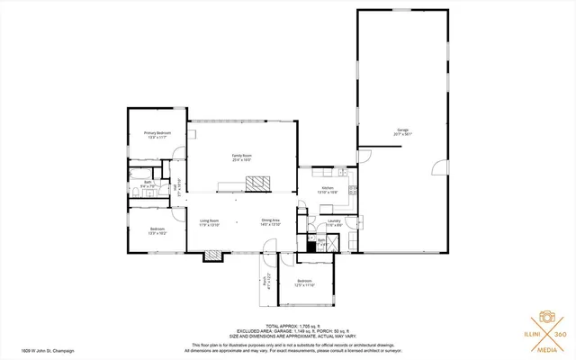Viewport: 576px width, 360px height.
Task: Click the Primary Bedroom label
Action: (157, 135)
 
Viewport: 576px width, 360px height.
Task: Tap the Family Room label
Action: (241, 157)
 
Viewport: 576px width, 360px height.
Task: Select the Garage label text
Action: (402, 131)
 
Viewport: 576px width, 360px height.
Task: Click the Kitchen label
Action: (328, 190)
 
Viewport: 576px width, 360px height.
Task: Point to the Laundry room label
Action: (333, 222)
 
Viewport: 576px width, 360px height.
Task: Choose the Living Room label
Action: (209, 222)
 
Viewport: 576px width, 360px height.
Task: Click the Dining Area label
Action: (271, 222)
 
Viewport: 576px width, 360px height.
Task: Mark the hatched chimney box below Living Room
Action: (213, 255)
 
